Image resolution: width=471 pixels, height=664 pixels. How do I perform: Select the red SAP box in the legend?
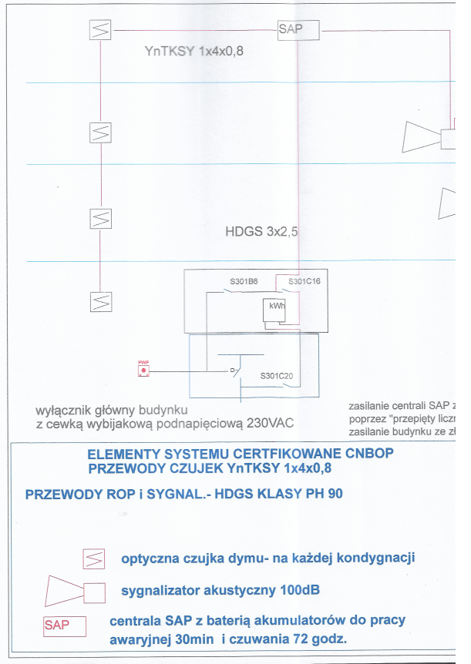(x=64, y=625)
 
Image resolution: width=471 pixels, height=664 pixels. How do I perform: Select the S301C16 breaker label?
(x=304, y=281)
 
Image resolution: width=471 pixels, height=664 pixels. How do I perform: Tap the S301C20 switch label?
(x=277, y=376)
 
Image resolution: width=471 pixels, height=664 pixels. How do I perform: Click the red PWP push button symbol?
(x=143, y=371)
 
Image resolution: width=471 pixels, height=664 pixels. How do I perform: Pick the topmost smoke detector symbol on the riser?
(x=101, y=30)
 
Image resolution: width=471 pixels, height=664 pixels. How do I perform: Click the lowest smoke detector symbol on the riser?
(x=101, y=301)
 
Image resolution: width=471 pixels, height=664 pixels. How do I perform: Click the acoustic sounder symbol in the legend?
(x=76, y=592)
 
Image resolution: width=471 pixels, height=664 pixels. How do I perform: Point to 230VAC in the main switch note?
(x=267, y=423)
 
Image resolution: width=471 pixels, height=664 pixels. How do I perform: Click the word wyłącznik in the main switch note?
(x=64, y=409)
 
